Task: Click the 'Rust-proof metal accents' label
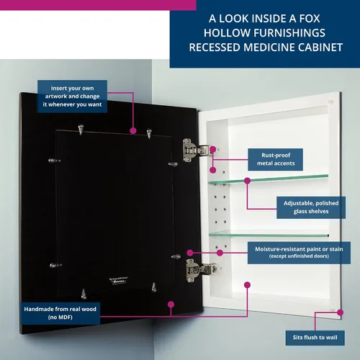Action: [275, 159]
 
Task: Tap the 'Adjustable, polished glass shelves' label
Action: [311, 207]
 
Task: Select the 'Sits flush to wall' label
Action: [315, 338]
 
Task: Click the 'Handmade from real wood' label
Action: [60, 313]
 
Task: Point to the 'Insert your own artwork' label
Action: [72, 96]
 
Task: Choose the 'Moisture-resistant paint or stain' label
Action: [299, 253]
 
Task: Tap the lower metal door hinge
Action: [200, 270]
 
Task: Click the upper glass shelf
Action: [269, 179]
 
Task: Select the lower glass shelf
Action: [269, 234]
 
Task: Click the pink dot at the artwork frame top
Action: [133, 131]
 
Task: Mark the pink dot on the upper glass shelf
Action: [247, 181]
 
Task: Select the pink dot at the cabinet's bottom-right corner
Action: [340, 312]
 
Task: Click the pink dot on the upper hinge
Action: [212, 150]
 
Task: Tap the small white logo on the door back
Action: [119, 280]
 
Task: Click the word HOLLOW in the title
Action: [227, 33]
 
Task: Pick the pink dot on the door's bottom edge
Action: [171, 305]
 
